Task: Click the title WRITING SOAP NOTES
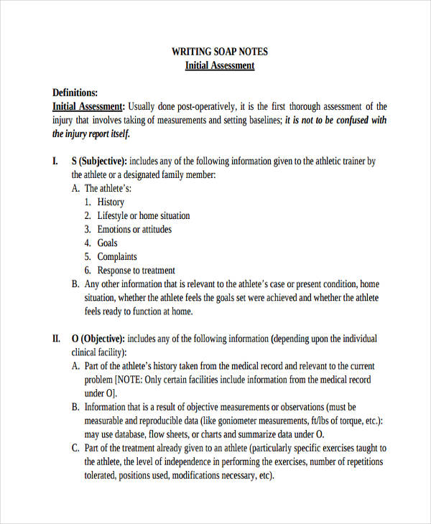coord(219,52)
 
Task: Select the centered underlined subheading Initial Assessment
coord(219,65)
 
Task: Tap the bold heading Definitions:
coord(75,93)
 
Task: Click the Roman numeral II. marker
coord(57,338)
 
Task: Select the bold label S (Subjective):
coord(99,162)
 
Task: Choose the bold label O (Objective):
coord(98,338)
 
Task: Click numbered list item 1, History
coord(111,202)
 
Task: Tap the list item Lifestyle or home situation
coord(144,215)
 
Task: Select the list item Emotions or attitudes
coord(134,229)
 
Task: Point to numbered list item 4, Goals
coord(107,243)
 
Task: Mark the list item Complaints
coord(117,256)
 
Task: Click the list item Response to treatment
coord(136,270)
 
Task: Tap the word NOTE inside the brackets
coord(131,379)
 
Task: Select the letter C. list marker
coord(75,447)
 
